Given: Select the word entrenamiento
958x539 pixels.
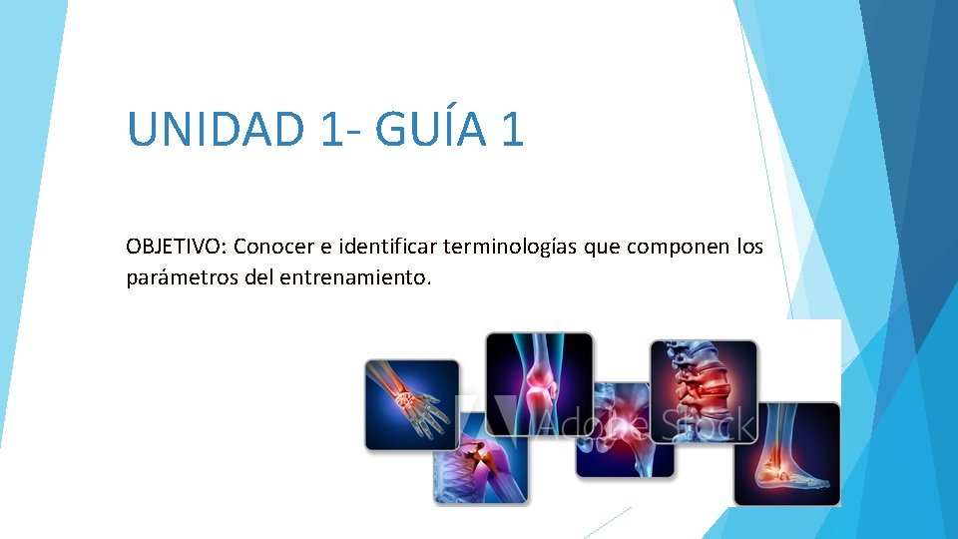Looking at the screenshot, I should (371, 277).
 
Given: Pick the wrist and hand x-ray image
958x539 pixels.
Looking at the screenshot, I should (411, 403).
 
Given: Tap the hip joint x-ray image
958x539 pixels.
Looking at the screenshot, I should (625, 429).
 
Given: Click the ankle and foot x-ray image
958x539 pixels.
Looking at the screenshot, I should (786, 453).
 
